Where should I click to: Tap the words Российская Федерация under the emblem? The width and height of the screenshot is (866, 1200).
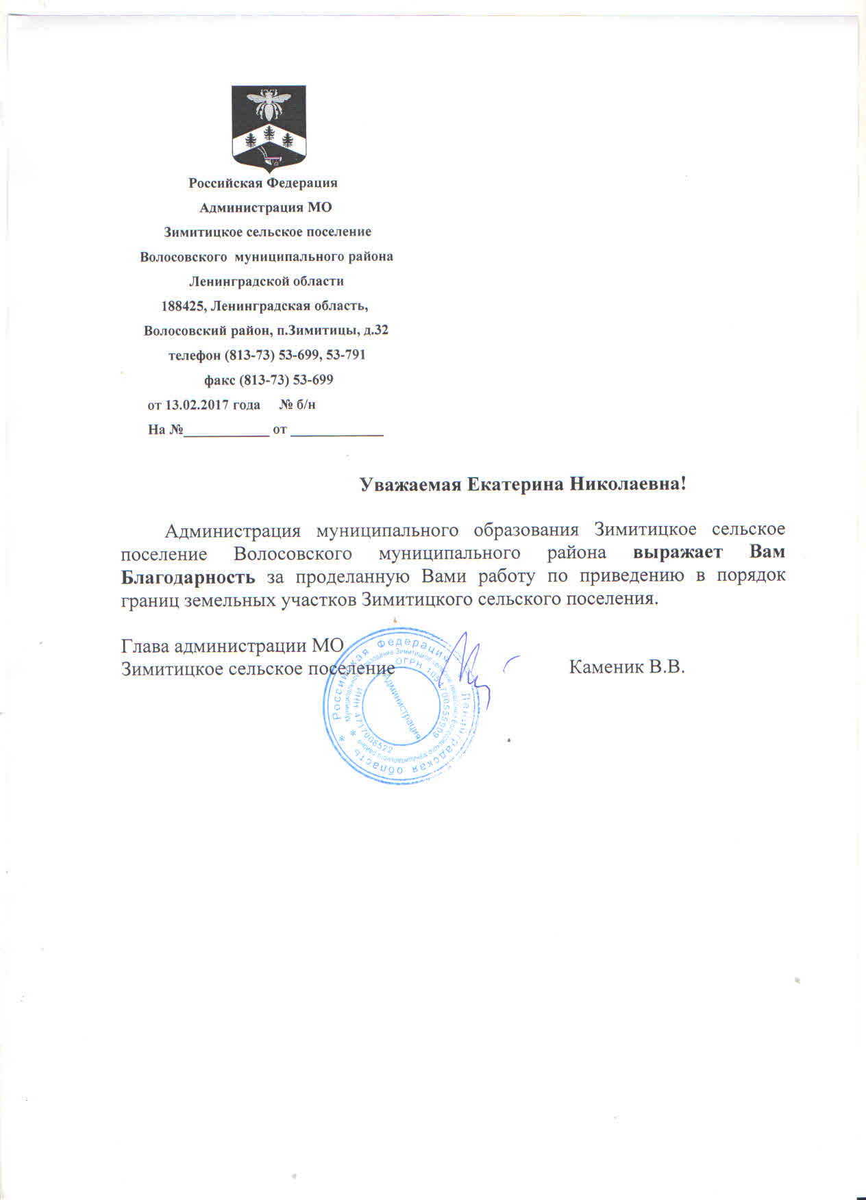263,183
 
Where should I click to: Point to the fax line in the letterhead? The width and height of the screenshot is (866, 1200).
269,379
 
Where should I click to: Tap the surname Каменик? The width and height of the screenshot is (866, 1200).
606,666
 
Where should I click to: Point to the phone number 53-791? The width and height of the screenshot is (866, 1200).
346,355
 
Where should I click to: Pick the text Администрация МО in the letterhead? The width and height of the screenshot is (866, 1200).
265,208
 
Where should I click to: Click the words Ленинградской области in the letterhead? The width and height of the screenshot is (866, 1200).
266,281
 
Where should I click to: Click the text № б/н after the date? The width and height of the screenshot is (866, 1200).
298,405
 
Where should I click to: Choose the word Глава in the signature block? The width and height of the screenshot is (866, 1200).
145,646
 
